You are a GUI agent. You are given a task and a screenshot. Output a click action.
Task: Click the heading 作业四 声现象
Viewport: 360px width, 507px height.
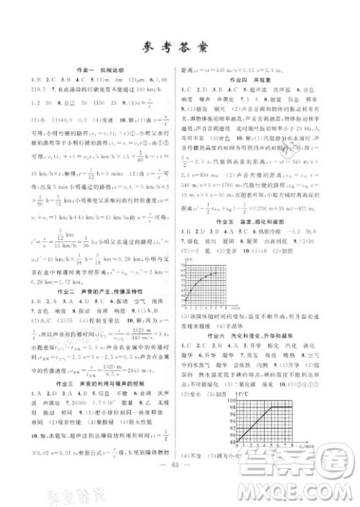(x=260, y=81)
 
